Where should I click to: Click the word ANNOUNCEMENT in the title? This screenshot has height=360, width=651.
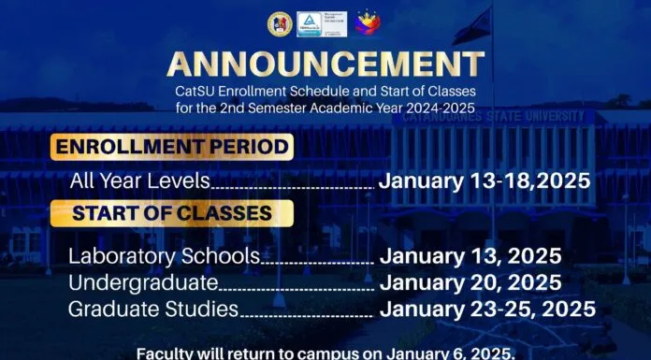pyautogui.click(x=325, y=65)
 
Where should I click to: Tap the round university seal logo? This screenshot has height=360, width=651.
pyautogui.click(x=280, y=24)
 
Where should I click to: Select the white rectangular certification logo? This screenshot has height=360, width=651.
pyautogui.click(x=322, y=24)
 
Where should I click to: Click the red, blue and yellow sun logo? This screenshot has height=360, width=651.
pyautogui.click(x=368, y=22)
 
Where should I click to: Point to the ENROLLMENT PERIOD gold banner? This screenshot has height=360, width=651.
pyautogui.click(x=172, y=147)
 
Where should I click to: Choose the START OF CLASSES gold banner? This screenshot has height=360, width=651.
pyautogui.click(x=172, y=213)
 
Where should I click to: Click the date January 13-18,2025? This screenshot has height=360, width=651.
pyautogui.click(x=485, y=181)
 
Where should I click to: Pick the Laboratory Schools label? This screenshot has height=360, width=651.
pyautogui.click(x=164, y=256)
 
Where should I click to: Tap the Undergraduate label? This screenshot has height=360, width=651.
pyautogui.click(x=143, y=283)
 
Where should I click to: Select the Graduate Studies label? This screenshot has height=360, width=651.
pyautogui.click(x=153, y=310)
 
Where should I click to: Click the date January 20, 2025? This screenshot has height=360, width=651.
pyautogui.click(x=470, y=282)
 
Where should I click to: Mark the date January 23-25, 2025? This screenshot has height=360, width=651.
pyautogui.click(x=488, y=310)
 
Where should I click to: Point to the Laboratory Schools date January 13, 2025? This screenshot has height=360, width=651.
pyautogui.click(x=470, y=256)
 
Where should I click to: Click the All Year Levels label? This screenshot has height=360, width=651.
pyautogui.click(x=140, y=181)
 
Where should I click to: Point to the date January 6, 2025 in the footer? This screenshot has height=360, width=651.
pyautogui.click(x=451, y=354)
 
